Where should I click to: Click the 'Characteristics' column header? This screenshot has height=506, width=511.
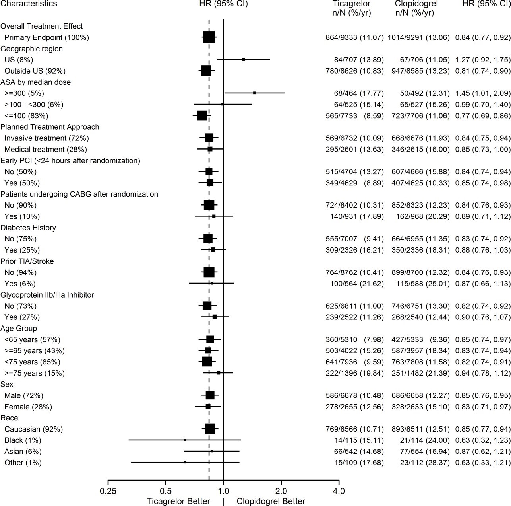(x=29, y=4)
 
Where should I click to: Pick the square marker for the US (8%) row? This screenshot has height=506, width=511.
(x=244, y=60)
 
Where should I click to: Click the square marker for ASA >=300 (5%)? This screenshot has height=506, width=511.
(x=255, y=93)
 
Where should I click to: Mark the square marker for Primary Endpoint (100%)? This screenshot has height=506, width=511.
(x=209, y=37)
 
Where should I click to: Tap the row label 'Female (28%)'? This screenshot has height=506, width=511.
(x=28, y=407)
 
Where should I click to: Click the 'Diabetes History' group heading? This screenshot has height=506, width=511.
(x=28, y=228)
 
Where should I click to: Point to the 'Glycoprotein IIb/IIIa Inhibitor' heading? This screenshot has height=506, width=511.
(x=47, y=295)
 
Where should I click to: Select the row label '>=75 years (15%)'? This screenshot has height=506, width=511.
(x=35, y=373)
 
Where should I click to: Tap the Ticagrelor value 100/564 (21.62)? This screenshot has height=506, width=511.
(x=357, y=284)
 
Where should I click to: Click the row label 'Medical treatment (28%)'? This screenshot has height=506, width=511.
(x=46, y=149)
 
